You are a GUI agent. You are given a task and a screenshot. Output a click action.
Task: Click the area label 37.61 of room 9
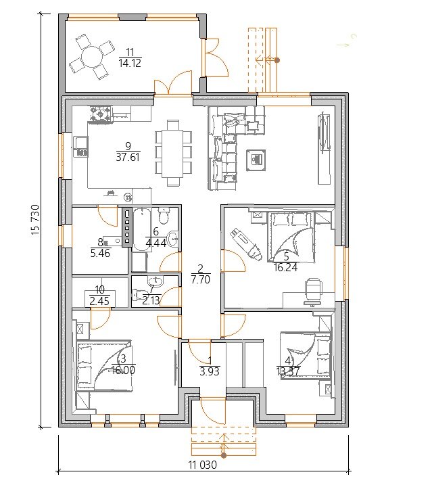tap(128, 157)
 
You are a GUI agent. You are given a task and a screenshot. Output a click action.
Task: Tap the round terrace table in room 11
tap(91, 57)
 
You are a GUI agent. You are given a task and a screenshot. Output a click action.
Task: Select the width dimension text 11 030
tap(203, 465)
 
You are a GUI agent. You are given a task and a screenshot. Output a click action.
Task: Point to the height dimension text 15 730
tap(35, 220)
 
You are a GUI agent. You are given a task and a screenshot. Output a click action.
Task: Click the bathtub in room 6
tap(142, 229)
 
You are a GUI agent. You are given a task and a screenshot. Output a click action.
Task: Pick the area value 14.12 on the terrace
tap(130, 63)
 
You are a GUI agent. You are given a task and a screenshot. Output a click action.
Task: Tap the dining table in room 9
tap(174, 153)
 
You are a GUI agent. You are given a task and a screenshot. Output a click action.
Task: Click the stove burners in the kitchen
tap(101, 114)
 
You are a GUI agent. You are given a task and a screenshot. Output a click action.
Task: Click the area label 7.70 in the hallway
tap(201, 279)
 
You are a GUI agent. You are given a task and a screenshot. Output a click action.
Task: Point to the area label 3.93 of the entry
tap(210, 371)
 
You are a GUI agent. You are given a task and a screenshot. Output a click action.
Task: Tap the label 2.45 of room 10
tap(99, 301)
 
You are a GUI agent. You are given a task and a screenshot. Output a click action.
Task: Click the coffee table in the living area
tap(256, 160)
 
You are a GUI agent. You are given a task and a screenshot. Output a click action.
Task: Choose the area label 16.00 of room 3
tap(123, 370)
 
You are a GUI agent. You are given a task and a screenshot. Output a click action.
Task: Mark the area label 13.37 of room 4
tap(288, 371)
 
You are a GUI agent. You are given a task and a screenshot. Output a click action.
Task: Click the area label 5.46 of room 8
tap(100, 253)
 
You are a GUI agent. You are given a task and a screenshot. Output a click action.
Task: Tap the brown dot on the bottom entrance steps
tap(224, 456)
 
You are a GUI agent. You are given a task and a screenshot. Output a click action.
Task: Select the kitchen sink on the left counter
tap(80, 147)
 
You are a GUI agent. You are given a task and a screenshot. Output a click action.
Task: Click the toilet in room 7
tap(137, 294)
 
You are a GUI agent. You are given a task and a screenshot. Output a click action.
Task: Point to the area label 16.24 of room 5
tap(285, 267)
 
